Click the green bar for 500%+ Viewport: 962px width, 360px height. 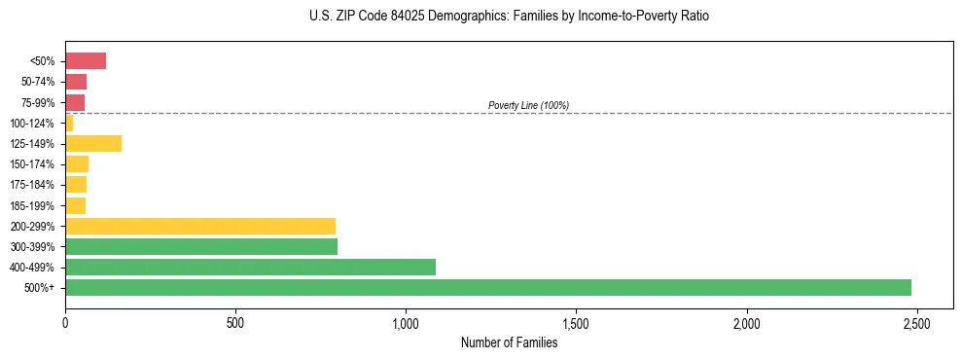(x=487, y=287)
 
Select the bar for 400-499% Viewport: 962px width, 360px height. (x=250, y=267)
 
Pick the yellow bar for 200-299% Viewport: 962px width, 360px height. (x=200, y=226)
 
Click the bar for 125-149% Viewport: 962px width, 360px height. (x=93, y=143)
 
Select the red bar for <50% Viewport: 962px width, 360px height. (x=86, y=61)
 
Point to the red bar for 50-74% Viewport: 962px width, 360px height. (x=76, y=82)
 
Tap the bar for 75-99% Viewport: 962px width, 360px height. (x=75, y=102)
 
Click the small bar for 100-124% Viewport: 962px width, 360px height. (x=69, y=123)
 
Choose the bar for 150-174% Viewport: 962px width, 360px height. (x=77, y=163)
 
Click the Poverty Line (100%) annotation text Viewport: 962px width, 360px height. (x=528, y=105)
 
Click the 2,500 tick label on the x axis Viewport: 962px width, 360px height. (x=916, y=322)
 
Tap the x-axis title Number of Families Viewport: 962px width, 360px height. (x=509, y=342)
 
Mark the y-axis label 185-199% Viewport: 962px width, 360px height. (x=32, y=205)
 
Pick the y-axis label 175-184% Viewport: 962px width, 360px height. (x=32, y=185)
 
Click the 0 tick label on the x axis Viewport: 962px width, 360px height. (x=65, y=322)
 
